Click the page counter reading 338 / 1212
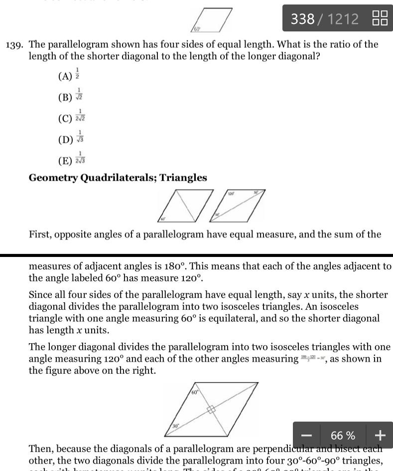(x=324, y=19)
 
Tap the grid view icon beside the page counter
(x=380, y=18)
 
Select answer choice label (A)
(x=65, y=76)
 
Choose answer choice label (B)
(x=65, y=97)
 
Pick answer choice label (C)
(x=65, y=118)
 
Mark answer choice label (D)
(x=65, y=139)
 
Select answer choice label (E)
(x=65, y=160)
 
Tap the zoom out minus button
(x=306, y=436)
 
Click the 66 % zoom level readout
(x=343, y=436)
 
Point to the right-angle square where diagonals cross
(x=211, y=410)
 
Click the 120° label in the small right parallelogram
(x=232, y=193)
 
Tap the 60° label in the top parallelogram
(x=197, y=29)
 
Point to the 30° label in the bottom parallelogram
(x=176, y=427)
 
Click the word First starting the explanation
(x=41, y=235)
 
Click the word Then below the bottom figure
(x=40, y=449)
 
